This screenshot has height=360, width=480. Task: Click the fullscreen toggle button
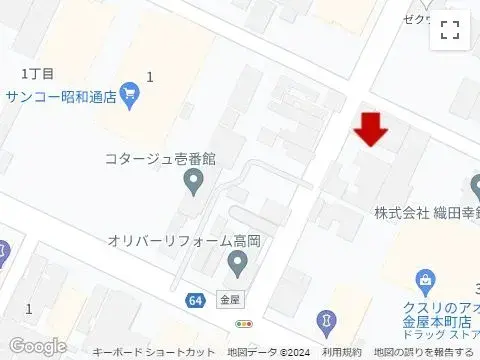450,30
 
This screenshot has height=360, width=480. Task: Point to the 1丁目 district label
36,73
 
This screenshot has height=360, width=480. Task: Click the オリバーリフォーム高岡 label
185,241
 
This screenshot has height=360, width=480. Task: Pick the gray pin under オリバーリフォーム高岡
237,264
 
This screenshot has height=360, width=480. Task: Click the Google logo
37,346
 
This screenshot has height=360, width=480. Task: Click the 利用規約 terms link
342,352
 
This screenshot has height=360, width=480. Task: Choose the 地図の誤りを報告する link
424,352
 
